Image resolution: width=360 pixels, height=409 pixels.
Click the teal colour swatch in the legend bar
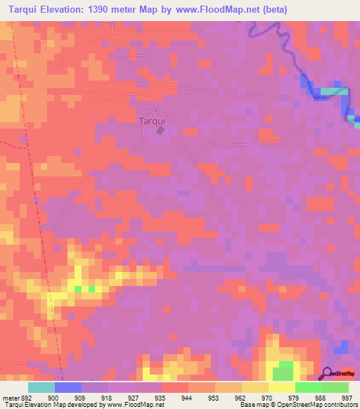pos(41,387)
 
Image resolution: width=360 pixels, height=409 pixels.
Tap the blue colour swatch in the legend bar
pos(68,387)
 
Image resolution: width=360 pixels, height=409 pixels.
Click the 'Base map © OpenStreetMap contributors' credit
pos(296,405)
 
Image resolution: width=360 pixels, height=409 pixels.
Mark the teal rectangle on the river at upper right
pos(335,91)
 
